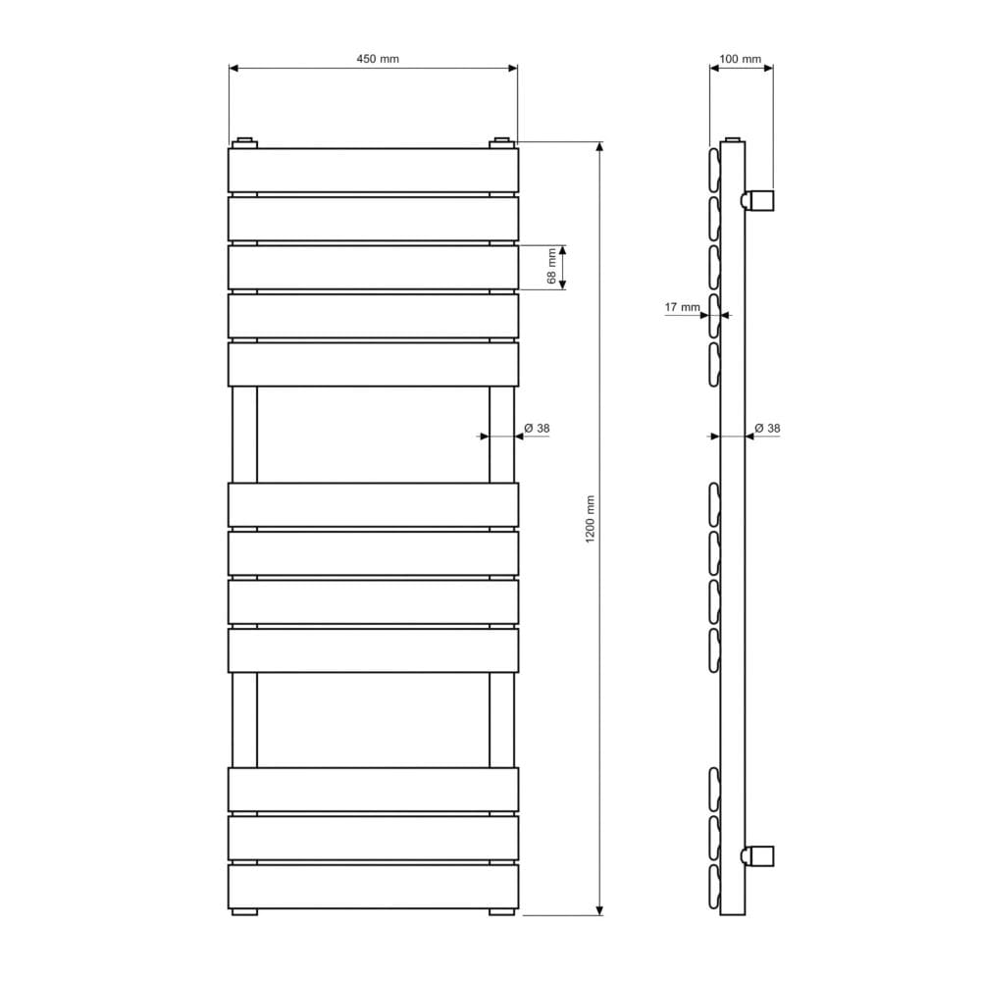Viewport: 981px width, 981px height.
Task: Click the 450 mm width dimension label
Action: [x=378, y=59]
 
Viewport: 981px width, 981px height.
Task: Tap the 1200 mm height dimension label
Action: [x=590, y=519]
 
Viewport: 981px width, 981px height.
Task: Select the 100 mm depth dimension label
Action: [x=740, y=59]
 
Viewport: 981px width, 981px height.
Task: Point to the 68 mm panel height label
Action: [x=551, y=266]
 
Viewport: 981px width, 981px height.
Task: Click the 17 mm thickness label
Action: [x=682, y=307]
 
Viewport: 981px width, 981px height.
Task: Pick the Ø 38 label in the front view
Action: [x=537, y=428]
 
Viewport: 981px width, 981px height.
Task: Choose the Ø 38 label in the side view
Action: [x=768, y=428]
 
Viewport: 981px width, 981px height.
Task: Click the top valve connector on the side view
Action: [x=757, y=200]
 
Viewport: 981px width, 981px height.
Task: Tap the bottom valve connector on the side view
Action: [x=757, y=855]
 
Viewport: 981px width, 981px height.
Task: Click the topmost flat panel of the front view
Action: [x=373, y=170]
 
